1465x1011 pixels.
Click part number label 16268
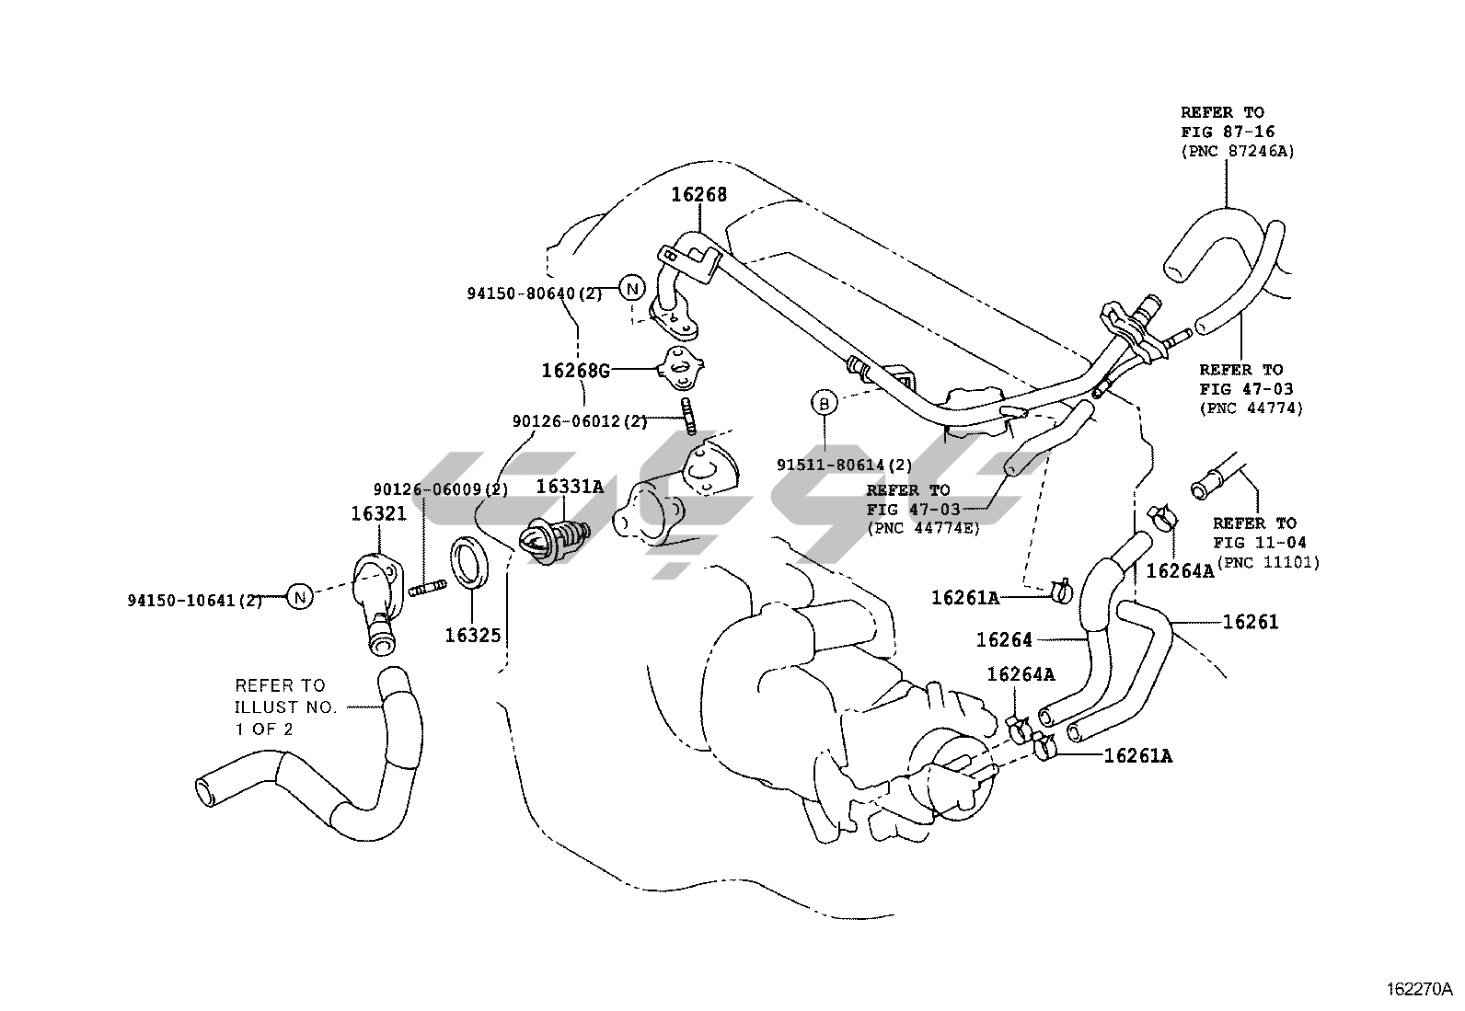pyautogui.click(x=698, y=194)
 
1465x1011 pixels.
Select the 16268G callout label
pyautogui.click(x=576, y=370)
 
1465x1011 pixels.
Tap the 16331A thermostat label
pyautogui.click(x=570, y=487)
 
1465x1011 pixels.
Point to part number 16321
pyautogui.click(x=378, y=513)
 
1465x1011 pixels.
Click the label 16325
pyautogui.click(x=473, y=635)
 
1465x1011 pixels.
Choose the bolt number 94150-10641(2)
pyautogui.click(x=195, y=601)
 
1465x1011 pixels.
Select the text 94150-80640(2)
pyautogui.click(x=534, y=293)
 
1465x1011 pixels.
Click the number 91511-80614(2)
pyautogui.click(x=845, y=465)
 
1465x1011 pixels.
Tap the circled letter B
pyautogui.click(x=824, y=402)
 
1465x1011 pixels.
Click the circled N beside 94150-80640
pyautogui.click(x=631, y=288)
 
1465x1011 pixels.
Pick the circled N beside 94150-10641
pyautogui.click(x=299, y=597)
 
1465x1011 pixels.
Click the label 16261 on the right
pyautogui.click(x=1251, y=622)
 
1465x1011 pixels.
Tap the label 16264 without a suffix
pyautogui.click(x=1004, y=639)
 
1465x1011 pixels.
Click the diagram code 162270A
pyautogui.click(x=1419, y=990)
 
